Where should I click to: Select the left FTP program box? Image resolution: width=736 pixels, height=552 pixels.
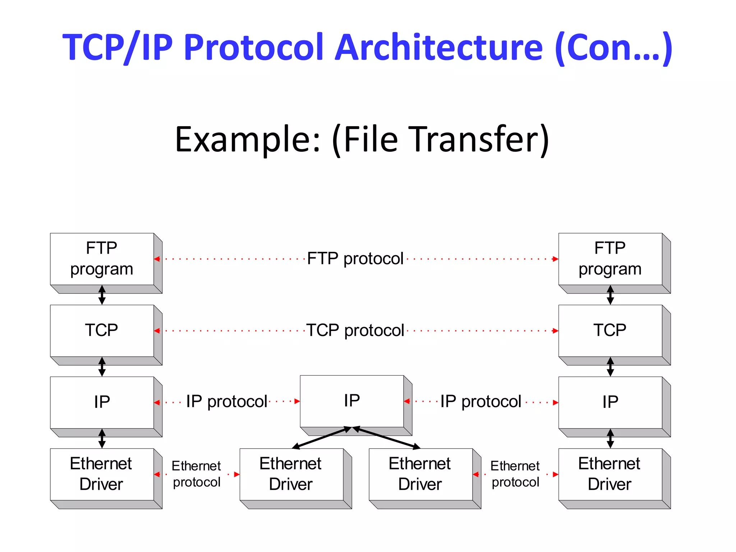pyautogui.click(x=102, y=259)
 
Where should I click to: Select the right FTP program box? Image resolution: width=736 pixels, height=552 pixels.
pyautogui.click(x=610, y=259)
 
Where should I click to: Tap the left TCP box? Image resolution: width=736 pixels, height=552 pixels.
pyautogui.click(x=102, y=331)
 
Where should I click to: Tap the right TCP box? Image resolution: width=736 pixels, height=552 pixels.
pyautogui.click(x=610, y=331)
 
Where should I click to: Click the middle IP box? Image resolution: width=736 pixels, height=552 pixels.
pyautogui.click(x=352, y=401)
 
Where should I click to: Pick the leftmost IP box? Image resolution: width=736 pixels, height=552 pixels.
pyautogui.click(x=102, y=402)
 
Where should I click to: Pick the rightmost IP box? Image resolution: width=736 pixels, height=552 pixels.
pyautogui.click(x=610, y=402)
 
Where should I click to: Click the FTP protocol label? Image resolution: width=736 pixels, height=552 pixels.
pyautogui.click(x=355, y=259)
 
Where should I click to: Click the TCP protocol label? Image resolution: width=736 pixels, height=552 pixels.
pyautogui.click(x=355, y=331)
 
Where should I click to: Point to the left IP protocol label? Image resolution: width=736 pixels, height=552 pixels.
pyautogui.click(x=227, y=402)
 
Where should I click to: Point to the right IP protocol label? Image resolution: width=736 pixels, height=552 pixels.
pyautogui.click(x=481, y=402)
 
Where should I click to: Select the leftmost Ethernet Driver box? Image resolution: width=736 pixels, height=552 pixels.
pyautogui.click(x=102, y=474)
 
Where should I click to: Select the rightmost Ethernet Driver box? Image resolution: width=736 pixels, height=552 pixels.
pyautogui.click(x=610, y=474)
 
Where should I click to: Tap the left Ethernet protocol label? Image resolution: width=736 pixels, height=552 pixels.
pyautogui.click(x=197, y=474)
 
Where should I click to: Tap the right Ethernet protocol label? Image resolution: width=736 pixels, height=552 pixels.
pyautogui.click(x=515, y=474)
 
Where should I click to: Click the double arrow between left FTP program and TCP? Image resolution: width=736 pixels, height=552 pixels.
pyautogui.click(x=102, y=295)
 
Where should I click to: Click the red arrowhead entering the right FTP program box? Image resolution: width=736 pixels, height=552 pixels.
pyautogui.click(x=556, y=259)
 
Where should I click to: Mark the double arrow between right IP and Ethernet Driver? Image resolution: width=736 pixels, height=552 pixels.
pyautogui.click(x=610, y=438)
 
